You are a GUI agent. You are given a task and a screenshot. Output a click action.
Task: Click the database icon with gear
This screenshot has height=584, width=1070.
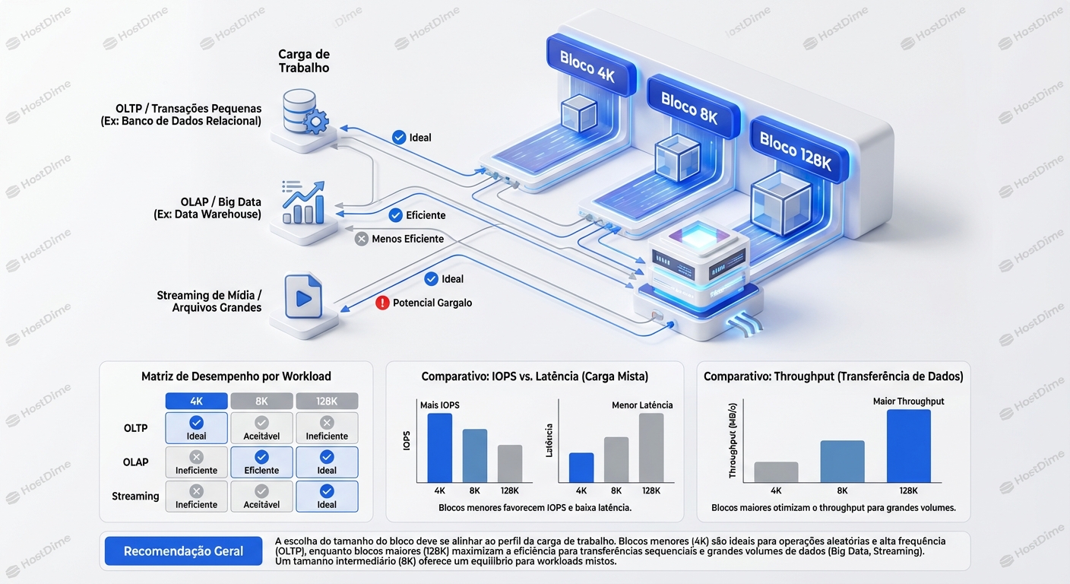302,112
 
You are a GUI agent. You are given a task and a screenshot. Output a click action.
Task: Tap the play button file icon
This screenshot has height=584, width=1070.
302,297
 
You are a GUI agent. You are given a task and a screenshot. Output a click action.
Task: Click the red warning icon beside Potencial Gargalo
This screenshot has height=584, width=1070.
383,303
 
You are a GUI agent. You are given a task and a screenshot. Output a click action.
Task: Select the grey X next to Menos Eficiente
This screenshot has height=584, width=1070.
362,239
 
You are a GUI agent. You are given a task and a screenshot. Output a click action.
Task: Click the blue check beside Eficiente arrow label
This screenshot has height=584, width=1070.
395,215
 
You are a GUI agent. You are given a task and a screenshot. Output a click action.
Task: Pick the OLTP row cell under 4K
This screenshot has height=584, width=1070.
196,428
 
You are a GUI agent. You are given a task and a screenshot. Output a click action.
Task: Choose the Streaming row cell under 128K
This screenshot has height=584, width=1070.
327,496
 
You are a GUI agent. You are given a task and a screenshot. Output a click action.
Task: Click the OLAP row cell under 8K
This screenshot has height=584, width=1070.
261,462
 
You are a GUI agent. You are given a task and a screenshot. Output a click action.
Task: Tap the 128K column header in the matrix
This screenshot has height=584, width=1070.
327,401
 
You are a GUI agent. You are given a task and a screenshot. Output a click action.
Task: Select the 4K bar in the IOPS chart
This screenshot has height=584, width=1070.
439,448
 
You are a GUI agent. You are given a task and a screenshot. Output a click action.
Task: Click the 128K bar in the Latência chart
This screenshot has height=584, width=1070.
651,448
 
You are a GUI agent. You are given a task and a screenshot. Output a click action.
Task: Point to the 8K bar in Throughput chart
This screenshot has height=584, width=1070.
842,462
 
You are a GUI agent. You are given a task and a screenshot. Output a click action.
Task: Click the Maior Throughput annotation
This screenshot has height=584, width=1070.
908,401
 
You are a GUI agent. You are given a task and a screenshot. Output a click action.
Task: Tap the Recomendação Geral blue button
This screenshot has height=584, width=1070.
183,551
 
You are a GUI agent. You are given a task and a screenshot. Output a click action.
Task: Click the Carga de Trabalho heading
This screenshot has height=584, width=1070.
303,61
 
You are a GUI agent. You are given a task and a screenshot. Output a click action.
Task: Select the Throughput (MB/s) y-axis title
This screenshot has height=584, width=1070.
733,441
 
